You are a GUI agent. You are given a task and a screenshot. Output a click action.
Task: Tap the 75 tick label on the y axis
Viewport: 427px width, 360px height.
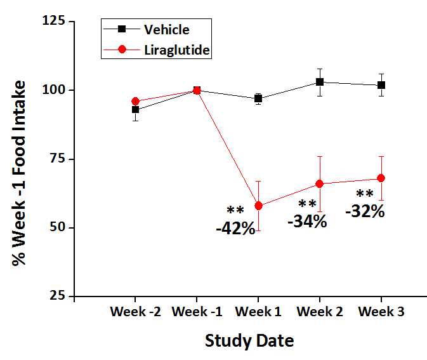[57, 159]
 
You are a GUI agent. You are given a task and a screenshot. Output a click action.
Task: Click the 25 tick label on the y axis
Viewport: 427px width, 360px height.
[57, 296]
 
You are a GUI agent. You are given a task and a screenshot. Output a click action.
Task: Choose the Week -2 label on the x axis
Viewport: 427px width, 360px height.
[135, 312]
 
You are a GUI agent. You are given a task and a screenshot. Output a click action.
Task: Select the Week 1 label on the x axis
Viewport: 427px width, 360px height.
[258, 312]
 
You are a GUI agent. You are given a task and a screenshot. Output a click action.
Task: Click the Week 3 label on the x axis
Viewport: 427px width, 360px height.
[381, 312]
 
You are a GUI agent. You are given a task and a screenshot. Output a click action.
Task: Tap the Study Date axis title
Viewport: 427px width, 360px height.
[249, 341]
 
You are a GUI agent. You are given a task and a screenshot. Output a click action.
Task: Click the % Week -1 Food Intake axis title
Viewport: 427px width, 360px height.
[20, 173]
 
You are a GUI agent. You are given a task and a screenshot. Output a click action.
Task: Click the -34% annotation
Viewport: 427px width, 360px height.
[307, 222]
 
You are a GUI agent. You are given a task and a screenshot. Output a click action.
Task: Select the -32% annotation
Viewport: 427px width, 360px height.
[365, 211]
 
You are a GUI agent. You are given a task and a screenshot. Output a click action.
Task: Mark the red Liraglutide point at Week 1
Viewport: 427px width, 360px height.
[258, 206]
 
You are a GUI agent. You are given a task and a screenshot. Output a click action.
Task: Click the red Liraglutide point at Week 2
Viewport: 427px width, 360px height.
[320, 183]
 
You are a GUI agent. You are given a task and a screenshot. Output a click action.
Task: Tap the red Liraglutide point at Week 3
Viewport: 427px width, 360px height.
[381, 178]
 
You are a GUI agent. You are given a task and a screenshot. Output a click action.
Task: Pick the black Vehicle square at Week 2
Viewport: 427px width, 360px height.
[320, 82]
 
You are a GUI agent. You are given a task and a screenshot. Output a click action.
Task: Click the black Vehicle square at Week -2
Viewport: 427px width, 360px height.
[135, 109]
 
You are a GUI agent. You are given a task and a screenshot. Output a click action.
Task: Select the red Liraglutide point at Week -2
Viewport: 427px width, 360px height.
[135, 101]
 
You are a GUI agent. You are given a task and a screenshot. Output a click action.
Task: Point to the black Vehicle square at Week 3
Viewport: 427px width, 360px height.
[381, 85]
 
